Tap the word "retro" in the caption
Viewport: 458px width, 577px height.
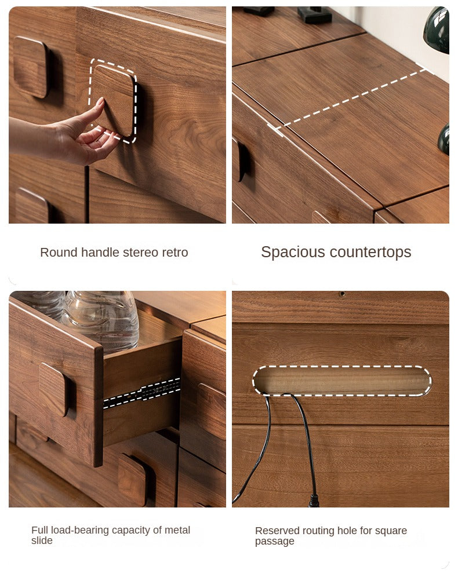176,253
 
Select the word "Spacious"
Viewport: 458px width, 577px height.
293,253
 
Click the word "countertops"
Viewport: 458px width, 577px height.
370,253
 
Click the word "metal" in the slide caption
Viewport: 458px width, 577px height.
177,530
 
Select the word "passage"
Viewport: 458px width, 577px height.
275,542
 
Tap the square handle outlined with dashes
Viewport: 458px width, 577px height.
113,101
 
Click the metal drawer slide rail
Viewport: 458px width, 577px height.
141,393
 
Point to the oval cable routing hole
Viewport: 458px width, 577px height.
342,381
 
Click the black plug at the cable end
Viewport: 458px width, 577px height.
313,501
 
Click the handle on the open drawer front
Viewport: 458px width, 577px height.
54,389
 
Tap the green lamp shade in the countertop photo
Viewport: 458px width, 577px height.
437,30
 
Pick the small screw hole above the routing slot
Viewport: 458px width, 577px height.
342,294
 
